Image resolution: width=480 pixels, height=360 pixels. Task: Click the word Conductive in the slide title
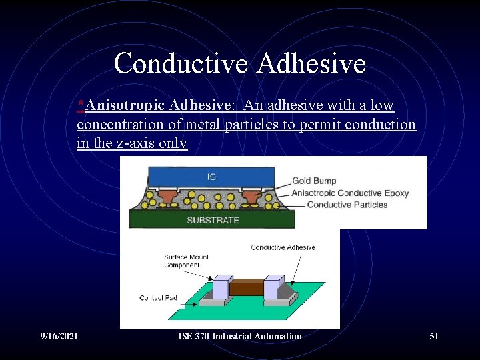click(x=181, y=64)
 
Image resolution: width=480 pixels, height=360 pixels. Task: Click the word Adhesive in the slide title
click(x=311, y=64)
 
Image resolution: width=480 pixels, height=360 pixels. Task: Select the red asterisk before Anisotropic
click(x=81, y=104)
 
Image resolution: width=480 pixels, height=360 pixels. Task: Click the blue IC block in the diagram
click(x=211, y=176)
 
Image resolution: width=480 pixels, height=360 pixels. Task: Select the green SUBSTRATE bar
click(x=212, y=219)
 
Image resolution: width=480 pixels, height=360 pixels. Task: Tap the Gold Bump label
click(x=314, y=181)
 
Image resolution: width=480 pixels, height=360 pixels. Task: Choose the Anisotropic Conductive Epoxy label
click(x=350, y=193)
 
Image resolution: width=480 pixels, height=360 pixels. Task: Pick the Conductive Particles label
click(x=347, y=205)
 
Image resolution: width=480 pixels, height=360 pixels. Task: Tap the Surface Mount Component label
click(x=182, y=261)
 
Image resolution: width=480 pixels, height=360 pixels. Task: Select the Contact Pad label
click(x=158, y=298)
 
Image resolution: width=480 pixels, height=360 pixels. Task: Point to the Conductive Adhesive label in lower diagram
click(x=283, y=247)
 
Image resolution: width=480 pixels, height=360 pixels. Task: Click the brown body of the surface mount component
click(x=246, y=288)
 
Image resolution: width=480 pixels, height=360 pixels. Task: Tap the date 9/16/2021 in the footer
click(x=59, y=336)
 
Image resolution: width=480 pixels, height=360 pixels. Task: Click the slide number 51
click(x=434, y=336)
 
